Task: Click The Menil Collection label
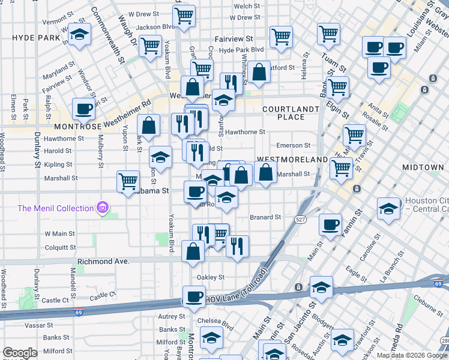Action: [55, 208]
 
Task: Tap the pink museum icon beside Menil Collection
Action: [103, 208]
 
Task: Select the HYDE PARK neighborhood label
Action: [36, 37]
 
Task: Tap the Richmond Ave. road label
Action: [103, 262]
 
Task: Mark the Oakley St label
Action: [211, 277]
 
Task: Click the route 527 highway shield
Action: [300, 220]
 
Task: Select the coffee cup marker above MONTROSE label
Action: [83, 109]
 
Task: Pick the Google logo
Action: [20, 353]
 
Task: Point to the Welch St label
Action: [247, 6]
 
